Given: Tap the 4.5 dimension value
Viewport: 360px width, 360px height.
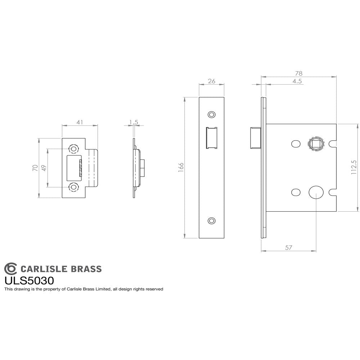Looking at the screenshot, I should click(297, 81).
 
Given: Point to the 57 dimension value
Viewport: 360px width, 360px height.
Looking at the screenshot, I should click(288, 247).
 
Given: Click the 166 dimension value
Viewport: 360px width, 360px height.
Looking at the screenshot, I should click(181, 168).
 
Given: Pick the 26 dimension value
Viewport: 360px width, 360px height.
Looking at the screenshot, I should click(212, 81).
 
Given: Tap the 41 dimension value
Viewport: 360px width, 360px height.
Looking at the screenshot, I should click(80, 122).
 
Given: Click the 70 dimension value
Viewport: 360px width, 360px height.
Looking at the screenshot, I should click(35, 168).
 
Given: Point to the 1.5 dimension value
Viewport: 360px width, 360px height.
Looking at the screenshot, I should click(134, 122).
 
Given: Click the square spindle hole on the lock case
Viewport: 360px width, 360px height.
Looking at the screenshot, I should click(316, 144).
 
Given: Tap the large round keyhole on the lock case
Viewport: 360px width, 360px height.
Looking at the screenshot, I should click(316, 192).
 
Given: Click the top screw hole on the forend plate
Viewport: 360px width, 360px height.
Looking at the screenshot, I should click(211, 114).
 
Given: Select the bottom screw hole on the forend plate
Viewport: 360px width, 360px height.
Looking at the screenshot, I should click(211, 220).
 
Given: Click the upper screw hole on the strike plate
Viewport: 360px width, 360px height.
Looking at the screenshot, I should click(74, 149).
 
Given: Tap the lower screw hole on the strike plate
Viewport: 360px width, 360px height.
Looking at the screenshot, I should click(74, 187).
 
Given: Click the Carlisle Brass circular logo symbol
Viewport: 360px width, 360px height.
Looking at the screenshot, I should click(10, 269).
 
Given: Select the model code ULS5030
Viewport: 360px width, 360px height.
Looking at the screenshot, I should click(29, 280).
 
